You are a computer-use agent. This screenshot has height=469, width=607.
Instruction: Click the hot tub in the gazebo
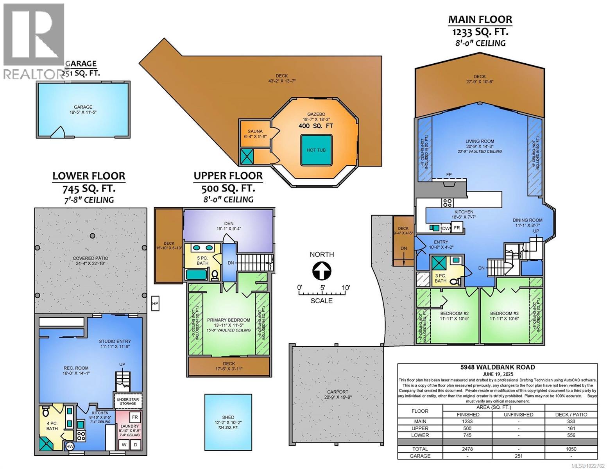pos(316,150)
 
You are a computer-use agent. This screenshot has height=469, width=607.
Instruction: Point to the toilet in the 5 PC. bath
pos(214,276)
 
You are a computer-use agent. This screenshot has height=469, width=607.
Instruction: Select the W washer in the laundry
pos(124,445)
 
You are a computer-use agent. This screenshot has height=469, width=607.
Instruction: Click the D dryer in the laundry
pos(136,445)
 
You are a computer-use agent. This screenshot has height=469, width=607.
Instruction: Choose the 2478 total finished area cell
pos(468,449)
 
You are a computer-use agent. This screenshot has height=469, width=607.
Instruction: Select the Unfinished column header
pos(518,414)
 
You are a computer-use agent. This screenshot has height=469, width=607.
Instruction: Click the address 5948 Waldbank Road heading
pos(497,367)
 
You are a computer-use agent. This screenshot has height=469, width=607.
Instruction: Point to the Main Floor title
pos(480,19)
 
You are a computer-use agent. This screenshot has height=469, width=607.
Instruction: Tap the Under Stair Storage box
pos(128,401)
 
